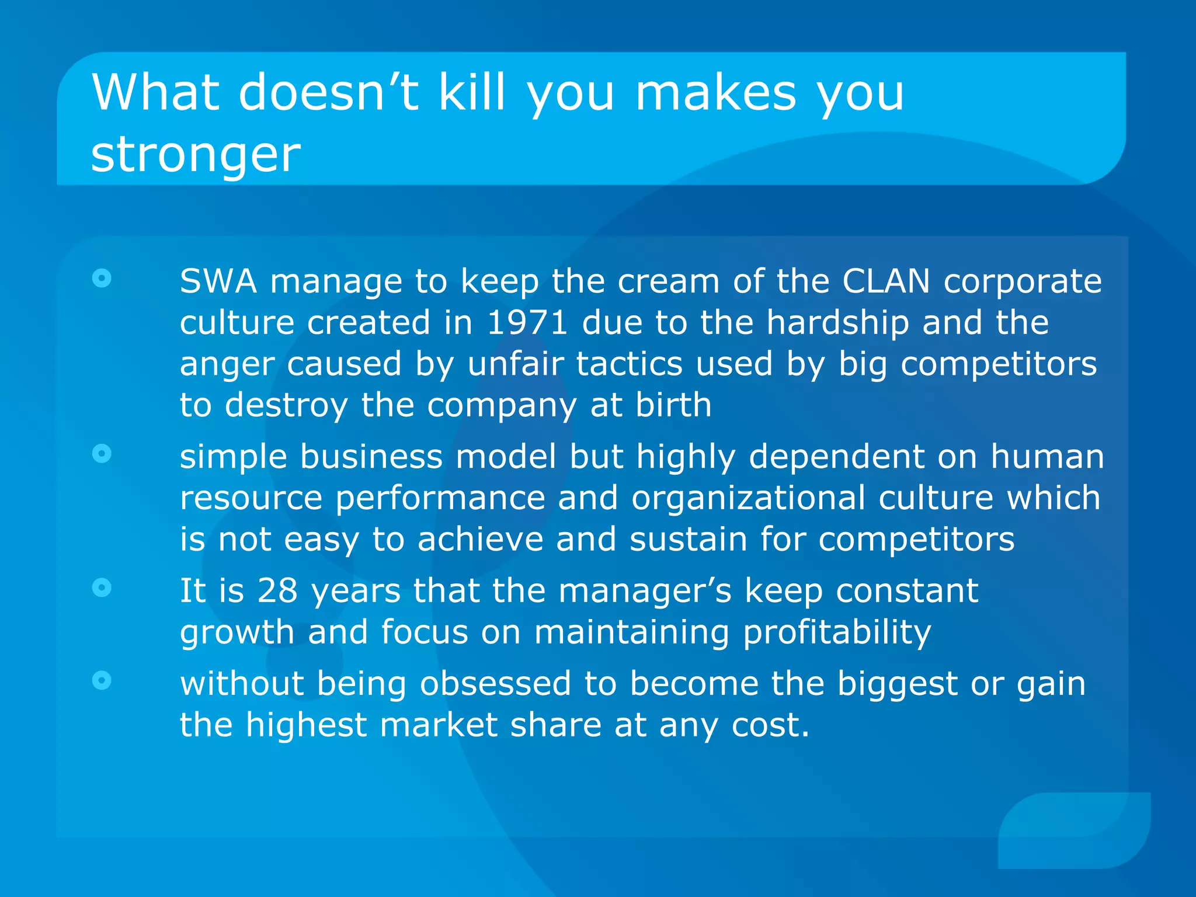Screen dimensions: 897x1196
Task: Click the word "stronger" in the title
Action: click(x=196, y=155)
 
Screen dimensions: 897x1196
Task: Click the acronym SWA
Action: click(x=218, y=281)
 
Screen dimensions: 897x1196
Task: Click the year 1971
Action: click(x=527, y=323)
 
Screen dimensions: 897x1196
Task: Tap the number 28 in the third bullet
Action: click(x=277, y=590)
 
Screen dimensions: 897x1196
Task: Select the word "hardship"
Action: click(x=837, y=323)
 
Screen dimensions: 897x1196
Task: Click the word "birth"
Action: click(x=673, y=405)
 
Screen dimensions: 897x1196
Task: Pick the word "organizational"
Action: click(x=748, y=498)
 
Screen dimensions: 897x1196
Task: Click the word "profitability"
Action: click(x=837, y=632)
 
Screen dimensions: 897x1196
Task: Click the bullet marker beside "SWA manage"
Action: click(x=102, y=279)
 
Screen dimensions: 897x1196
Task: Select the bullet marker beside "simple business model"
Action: click(x=102, y=453)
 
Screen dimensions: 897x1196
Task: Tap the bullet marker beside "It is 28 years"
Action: click(x=102, y=587)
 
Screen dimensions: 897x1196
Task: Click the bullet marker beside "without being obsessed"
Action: click(x=102, y=680)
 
